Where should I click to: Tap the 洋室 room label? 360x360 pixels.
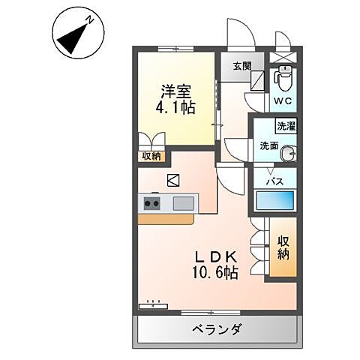pos(176,92)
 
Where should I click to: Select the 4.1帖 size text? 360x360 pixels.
pos(176,108)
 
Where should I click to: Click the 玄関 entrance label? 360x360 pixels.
pos(242,65)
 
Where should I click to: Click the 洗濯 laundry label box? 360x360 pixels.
pos(286,125)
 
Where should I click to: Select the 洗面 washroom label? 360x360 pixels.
pos(269,145)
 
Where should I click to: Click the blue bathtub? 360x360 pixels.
pos(274,200)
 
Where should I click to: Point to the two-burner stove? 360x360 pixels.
pos(152,202)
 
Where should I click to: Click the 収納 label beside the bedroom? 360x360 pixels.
pos(151,156)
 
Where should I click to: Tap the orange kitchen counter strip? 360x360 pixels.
pos(166,219)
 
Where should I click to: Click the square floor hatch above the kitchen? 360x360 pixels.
pos(173,180)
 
